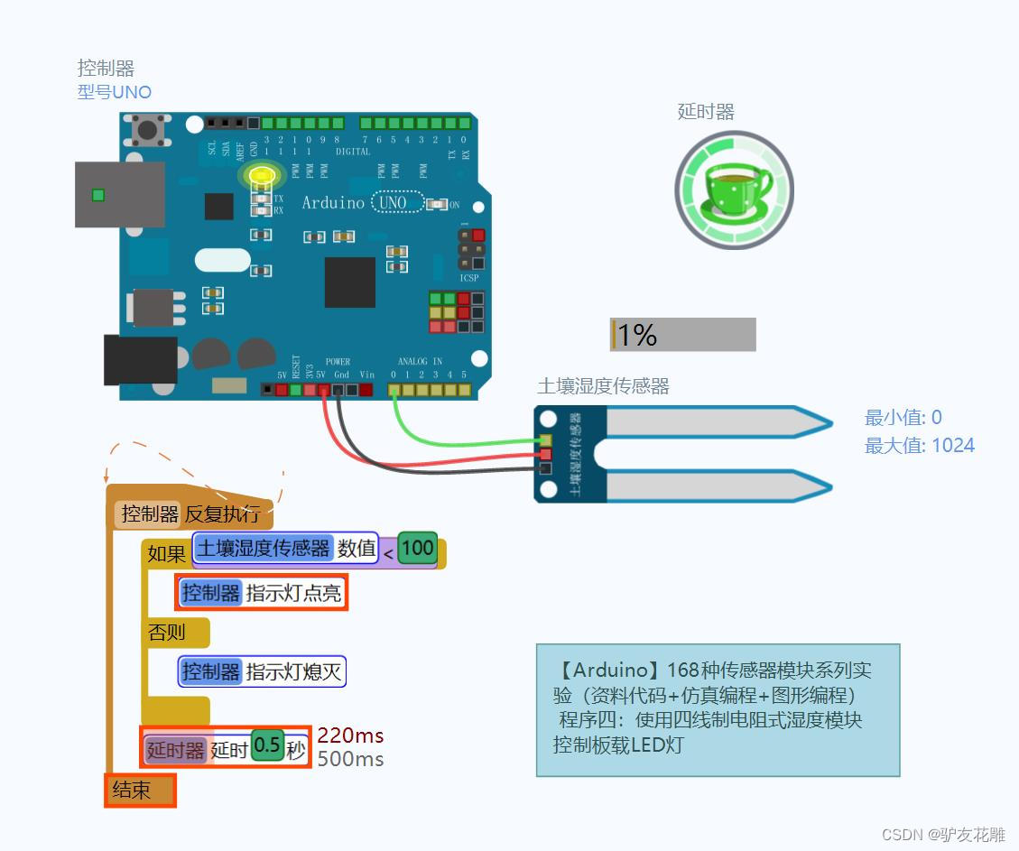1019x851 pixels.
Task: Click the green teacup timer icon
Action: pos(735,190)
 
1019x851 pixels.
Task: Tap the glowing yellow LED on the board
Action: pos(262,176)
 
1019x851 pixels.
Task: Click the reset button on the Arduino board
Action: pos(148,129)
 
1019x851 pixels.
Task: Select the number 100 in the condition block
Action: pos(417,548)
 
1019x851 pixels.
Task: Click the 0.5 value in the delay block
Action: pos(267,745)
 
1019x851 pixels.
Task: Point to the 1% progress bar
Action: pos(682,335)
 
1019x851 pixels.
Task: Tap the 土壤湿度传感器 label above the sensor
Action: pos(603,386)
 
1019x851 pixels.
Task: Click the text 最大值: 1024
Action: pos(919,445)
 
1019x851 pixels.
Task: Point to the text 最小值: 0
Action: pos(903,417)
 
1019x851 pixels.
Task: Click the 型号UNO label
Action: pos(115,92)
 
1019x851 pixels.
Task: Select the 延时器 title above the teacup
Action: pos(706,112)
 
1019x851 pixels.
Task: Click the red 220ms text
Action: pos(350,735)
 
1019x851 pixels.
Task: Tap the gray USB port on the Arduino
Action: pos(119,195)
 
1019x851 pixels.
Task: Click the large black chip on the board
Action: pos(350,282)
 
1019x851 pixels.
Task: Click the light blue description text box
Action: pos(718,709)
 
